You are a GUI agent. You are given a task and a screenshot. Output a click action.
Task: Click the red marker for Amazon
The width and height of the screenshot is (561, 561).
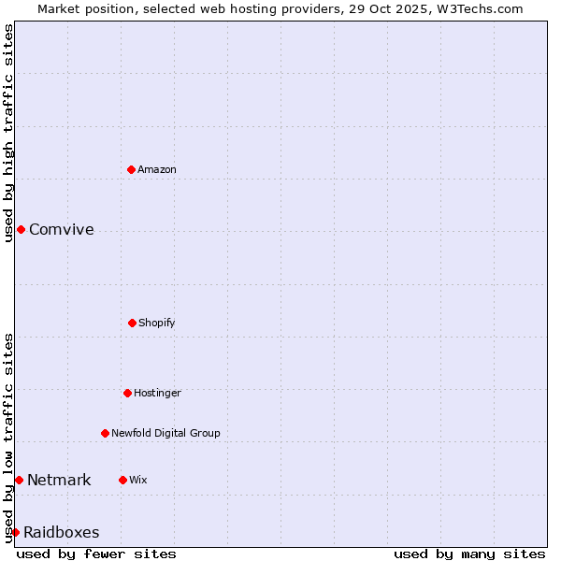tap(131, 169)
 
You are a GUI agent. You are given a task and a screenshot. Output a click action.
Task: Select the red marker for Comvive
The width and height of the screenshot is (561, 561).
tap(21, 229)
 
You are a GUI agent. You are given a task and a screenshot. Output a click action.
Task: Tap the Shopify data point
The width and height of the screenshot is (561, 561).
tap(132, 323)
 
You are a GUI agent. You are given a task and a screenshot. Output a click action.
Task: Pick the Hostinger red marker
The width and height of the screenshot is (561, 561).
tap(127, 393)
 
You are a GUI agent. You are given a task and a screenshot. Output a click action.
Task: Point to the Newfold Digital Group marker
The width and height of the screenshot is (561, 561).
tap(105, 433)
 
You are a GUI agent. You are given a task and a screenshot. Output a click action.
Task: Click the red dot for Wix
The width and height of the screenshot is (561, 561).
tap(122, 480)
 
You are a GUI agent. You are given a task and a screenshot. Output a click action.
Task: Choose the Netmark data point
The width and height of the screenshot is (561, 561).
tap(19, 480)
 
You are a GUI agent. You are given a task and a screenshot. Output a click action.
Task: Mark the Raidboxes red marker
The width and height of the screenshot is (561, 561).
tap(15, 532)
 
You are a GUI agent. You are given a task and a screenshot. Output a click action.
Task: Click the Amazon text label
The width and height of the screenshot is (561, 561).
tap(157, 169)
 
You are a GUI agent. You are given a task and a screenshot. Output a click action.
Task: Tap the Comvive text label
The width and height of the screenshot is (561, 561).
tap(62, 229)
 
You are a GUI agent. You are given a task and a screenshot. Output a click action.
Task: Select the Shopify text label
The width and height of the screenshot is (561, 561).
tap(157, 323)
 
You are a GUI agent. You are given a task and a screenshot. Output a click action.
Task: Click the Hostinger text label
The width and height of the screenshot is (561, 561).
tap(157, 393)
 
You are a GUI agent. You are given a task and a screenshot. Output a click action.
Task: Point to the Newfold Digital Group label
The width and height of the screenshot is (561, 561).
tap(166, 433)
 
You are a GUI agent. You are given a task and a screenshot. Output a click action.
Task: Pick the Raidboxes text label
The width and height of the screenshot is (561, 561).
tap(62, 532)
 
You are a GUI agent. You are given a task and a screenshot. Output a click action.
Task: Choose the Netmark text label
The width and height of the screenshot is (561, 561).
tap(59, 480)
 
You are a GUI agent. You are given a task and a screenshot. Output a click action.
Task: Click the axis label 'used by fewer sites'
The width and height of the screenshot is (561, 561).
tap(96, 554)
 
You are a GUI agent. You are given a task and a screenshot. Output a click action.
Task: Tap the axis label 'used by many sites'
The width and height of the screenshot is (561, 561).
tap(469, 554)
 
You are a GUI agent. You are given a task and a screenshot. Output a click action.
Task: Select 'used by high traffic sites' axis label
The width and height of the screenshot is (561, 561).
tap(8, 133)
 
